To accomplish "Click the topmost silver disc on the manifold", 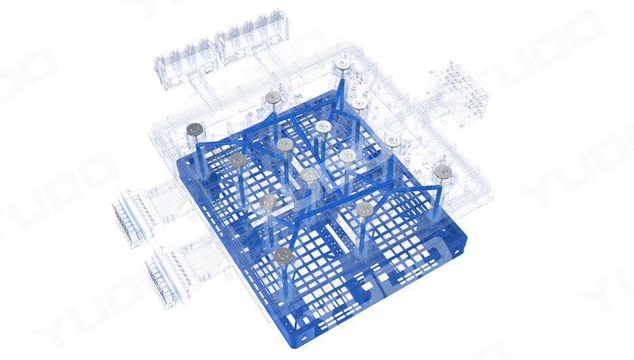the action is pyautogui.click(x=343, y=65).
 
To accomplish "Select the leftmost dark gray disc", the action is pyautogui.click(x=194, y=129).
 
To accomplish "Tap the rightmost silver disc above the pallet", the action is pyautogui.click(x=443, y=172).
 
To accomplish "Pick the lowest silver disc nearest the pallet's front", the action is pyautogui.click(x=283, y=255).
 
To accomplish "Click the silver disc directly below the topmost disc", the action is pyautogui.click(x=359, y=104).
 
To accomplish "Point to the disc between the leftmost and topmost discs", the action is pyautogui.click(x=273, y=98).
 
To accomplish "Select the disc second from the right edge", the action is pyautogui.click(x=393, y=141).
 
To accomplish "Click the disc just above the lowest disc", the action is pyautogui.click(x=268, y=202).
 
